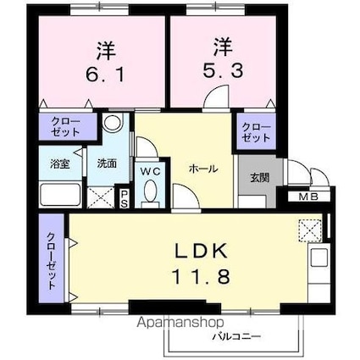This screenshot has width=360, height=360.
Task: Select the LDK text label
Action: click(x=202, y=252)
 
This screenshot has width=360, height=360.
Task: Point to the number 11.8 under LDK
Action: click(x=202, y=277)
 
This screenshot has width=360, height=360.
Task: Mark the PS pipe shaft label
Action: click(x=125, y=197)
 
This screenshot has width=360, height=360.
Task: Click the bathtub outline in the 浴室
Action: click(x=59, y=194)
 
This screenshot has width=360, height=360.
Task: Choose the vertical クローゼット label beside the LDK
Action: click(x=51, y=262)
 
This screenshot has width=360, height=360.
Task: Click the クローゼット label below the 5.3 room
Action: click(x=257, y=131)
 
